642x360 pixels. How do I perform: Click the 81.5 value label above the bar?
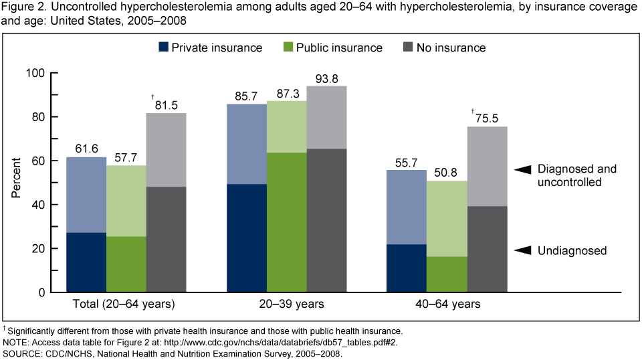point(167,105)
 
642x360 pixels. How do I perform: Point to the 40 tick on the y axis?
point(52,205)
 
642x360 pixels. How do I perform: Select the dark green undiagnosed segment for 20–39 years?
point(287,222)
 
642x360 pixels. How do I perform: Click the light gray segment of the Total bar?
point(167,150)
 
